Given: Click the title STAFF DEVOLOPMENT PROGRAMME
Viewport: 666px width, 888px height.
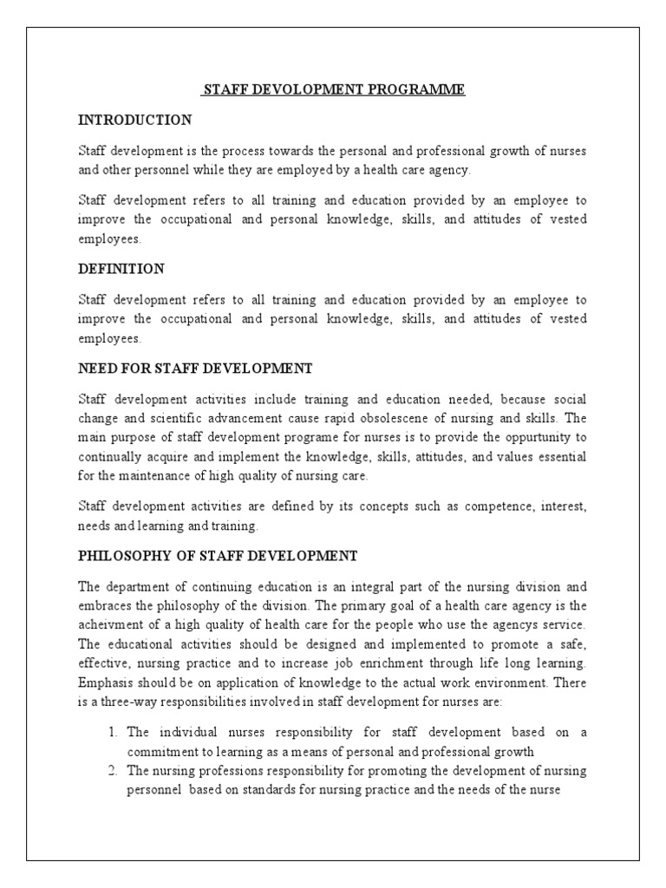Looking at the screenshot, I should [334, 90].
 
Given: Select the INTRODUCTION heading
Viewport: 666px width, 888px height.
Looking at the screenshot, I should [134, 120].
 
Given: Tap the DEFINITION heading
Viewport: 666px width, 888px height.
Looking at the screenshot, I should [121, 270].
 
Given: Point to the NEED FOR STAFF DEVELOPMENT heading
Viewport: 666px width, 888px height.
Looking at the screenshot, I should [195, 369].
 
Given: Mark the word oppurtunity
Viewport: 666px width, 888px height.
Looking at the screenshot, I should [526, 437].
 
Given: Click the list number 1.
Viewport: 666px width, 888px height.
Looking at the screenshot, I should [113, 732].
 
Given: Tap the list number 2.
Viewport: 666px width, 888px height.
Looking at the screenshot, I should [113, 770].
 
